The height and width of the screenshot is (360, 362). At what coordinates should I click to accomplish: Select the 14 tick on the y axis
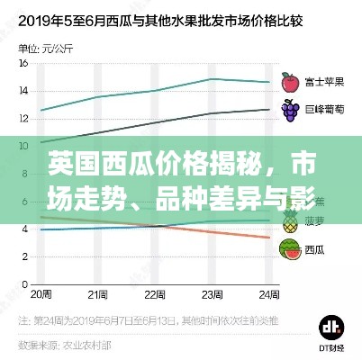[22, 91]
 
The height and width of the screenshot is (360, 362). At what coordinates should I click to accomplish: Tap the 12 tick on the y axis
[22, 116]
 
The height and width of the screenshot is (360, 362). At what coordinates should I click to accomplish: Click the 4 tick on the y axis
[23, 229]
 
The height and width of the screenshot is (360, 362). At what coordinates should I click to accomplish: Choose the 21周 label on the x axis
[97, 294]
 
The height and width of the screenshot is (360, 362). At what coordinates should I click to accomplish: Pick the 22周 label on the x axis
[154, 294]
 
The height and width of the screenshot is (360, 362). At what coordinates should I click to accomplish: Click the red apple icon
[290, 82]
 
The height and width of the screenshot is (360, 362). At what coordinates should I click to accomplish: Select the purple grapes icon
[290, 111]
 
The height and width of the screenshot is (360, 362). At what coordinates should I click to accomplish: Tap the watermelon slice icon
[290, 248]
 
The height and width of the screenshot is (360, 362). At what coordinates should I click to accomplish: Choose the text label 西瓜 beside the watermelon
[314, 249]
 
